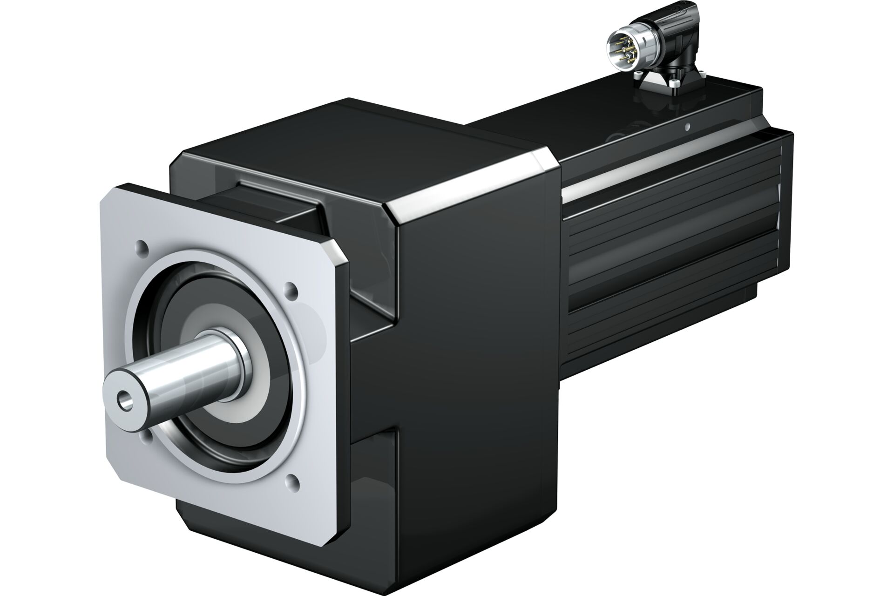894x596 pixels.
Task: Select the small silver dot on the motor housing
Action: click(x=687, y=126)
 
